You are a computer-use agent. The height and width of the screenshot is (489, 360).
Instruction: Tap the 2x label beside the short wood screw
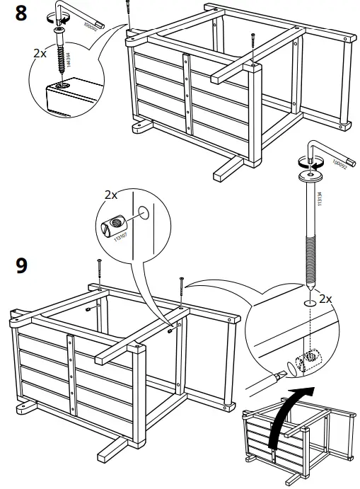pos(41,52)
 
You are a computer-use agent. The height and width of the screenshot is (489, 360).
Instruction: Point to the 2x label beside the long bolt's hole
pos(325,299)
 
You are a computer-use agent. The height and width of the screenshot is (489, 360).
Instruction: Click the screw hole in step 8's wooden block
pos(62,86)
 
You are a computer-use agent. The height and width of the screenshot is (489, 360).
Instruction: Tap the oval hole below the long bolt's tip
pos(309,302)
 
